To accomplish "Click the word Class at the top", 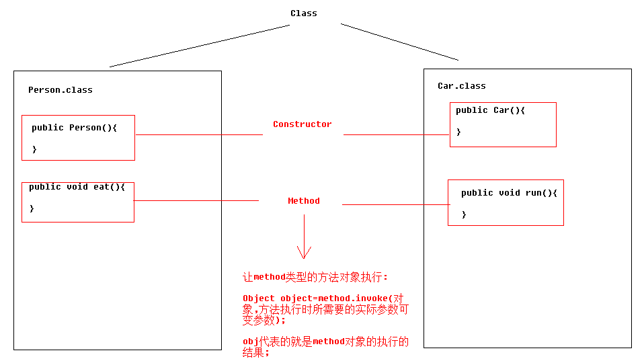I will pos(304,13).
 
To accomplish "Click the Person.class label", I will pos(61,90).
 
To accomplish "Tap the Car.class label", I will pos(461,86).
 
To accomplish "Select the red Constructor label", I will pos(302,124).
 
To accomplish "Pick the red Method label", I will pos(304,201).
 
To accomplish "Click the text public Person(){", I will pos(74,128).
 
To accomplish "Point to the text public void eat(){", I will pos(77,187).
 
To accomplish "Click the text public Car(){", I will pos(490,110).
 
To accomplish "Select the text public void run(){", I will pos(509,193).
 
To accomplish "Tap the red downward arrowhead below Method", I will pos(304,253).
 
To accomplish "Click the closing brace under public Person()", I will pos(34,149).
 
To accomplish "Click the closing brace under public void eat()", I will pos(32,208).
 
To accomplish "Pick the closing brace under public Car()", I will pos(458,132).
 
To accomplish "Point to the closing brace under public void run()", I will pos(464,214).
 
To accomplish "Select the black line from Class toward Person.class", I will pos(200,46).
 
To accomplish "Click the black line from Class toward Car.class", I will pos(399,42).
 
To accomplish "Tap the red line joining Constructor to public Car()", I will pos(397,134).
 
